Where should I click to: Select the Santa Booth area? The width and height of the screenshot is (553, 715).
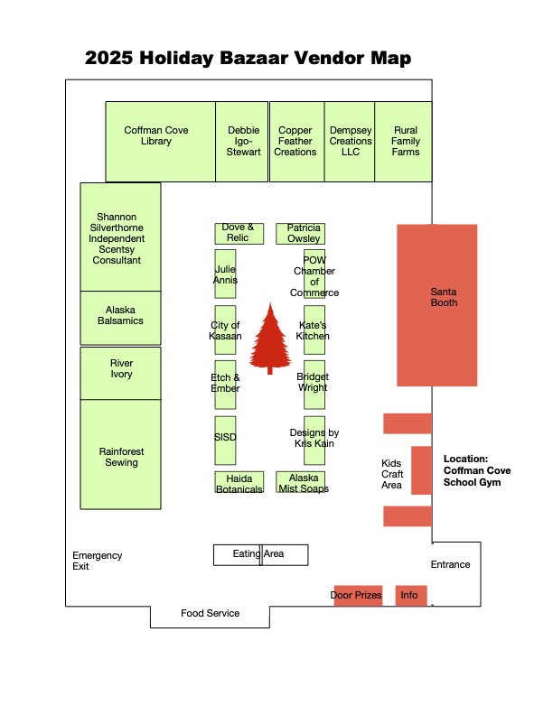pyautogui.click(x=437, y=305)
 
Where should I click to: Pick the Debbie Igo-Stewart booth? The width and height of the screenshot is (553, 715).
pyautogui.click(x=242, y=141)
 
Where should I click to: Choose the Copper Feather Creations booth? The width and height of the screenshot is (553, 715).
pyautogui.click(x=296, y=141)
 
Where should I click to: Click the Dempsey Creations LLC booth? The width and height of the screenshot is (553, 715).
pyautogui.click(x=350, y=141)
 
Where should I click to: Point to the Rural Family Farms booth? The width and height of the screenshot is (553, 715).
pyautogui.click(x=403, y=141)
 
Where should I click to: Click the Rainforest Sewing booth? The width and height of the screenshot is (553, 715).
pyautogui.click(x=120, y=457)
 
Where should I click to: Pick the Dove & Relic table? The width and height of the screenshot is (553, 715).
pyautogui.click(x=239, y=233)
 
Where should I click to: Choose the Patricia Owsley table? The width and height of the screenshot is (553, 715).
pyautogui.click(x=300, y=233)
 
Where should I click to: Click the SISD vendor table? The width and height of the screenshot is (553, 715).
pyautogui.click(x=225, y=437)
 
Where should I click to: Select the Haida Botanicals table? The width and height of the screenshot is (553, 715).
pyautogui.click(x=239, y=482)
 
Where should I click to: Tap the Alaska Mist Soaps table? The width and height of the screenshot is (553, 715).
pyautogui.click(x=301, y=482)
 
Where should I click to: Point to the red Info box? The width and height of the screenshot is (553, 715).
pyautogui.click(x=410, y=596)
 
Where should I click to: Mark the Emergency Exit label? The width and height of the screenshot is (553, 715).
pyautogui.click(x=97, y=561)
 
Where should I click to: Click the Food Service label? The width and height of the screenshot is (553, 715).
pyautogui.click(x=210, y=614)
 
